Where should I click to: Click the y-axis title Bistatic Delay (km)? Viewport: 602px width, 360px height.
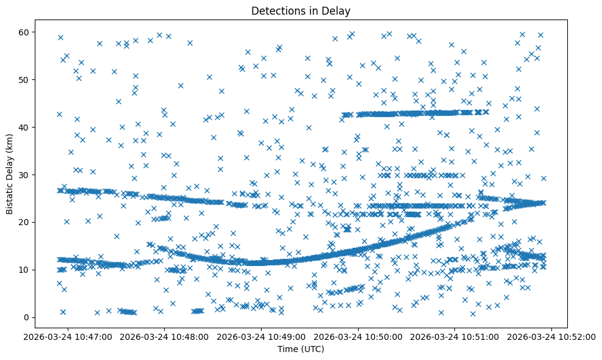[x=10, y=174]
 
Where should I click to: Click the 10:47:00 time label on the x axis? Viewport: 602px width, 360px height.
[x=68, y=336]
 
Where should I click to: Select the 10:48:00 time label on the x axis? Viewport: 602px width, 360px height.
[x=165, y=336]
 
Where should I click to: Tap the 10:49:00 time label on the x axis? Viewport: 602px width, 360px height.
[x=262, y=336]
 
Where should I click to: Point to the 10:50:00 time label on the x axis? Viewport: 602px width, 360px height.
[x=359, y=336]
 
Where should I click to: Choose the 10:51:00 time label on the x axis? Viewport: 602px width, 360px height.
[x=456, y=336]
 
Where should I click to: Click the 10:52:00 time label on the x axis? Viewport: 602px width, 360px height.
[x=553, y=336]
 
